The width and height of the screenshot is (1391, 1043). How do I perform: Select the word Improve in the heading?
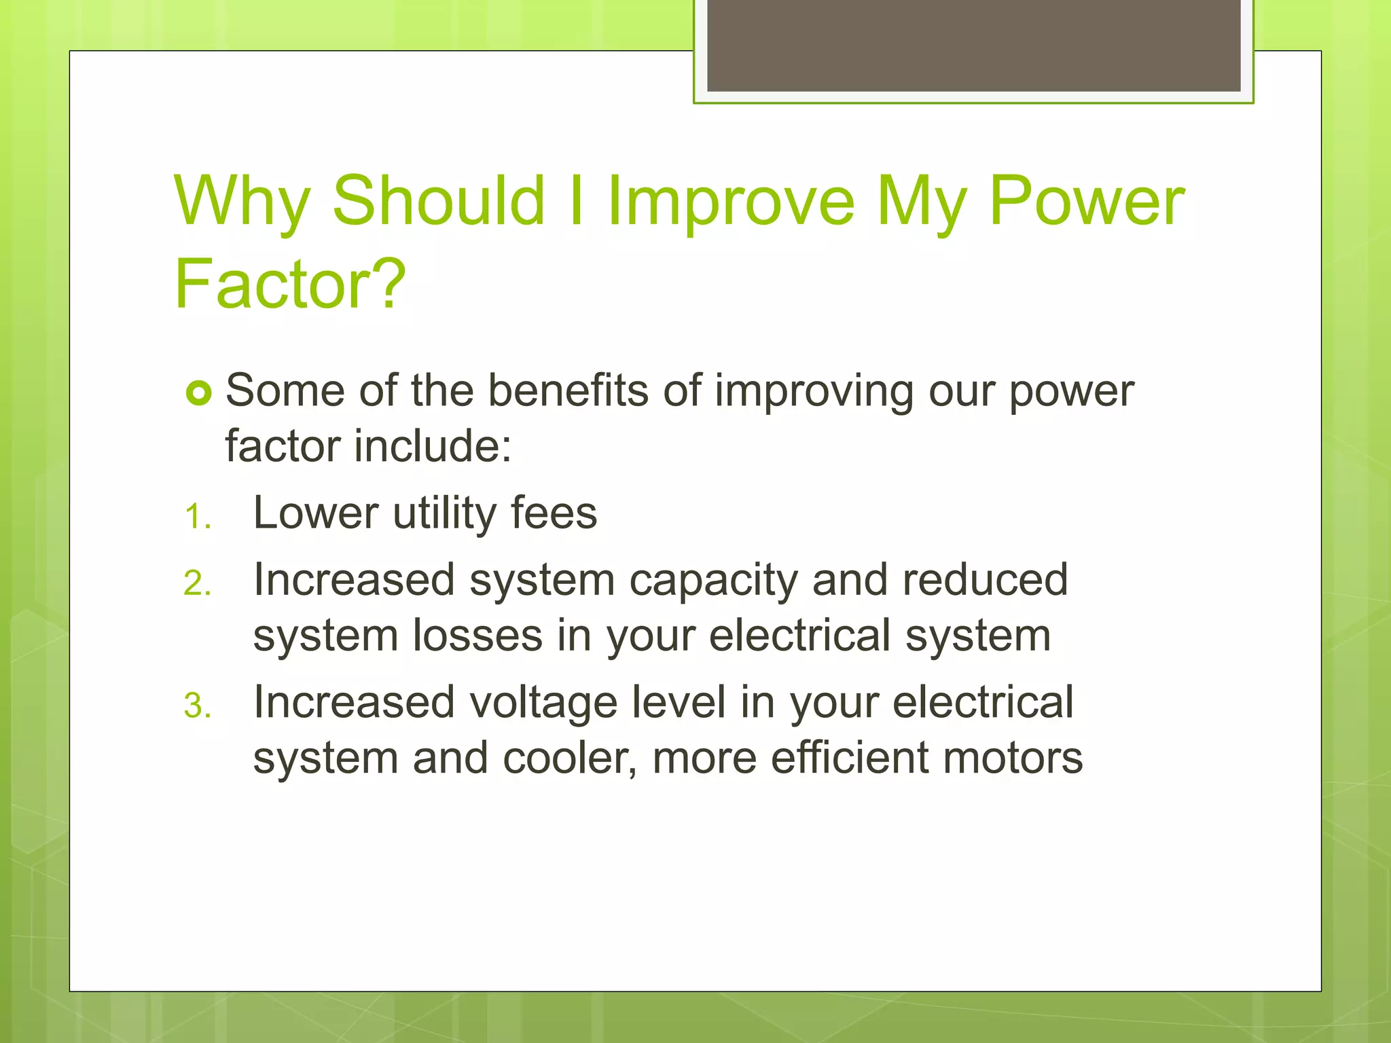pyautogui.click(x=730, y=202)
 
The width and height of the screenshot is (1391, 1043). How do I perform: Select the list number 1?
pyautogui.click(x=197, y=517)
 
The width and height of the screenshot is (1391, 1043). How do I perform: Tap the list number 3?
pyautogui.click(x=198, y=706)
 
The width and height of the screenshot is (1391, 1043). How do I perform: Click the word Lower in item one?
pyautogui.click(x=315, y=513)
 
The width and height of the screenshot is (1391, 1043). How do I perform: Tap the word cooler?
pyautogui.click(x=570, y=758)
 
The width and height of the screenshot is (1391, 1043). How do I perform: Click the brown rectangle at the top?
pyautogui.click(x=973, y=45)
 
